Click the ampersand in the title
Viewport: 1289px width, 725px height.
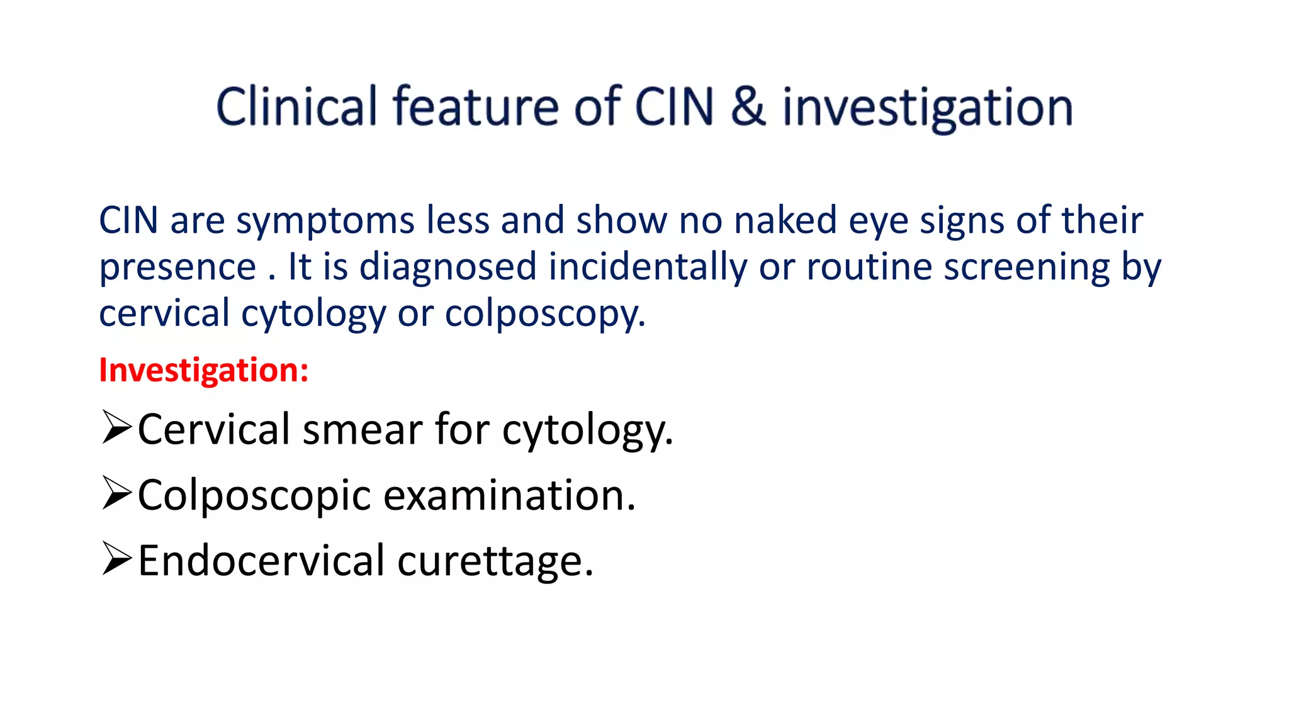(748, 106)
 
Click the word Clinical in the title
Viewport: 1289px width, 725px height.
(296, 106)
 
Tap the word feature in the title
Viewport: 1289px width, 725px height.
(476, 106)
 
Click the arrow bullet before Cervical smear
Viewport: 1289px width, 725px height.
(116, 428)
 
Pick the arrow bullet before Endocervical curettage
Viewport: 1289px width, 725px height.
(116, 559)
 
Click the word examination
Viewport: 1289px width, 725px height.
(509, 495)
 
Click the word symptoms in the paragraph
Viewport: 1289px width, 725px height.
(325, 222)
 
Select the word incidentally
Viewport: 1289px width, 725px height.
(647, 267)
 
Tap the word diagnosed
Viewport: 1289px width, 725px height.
(447, 267)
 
